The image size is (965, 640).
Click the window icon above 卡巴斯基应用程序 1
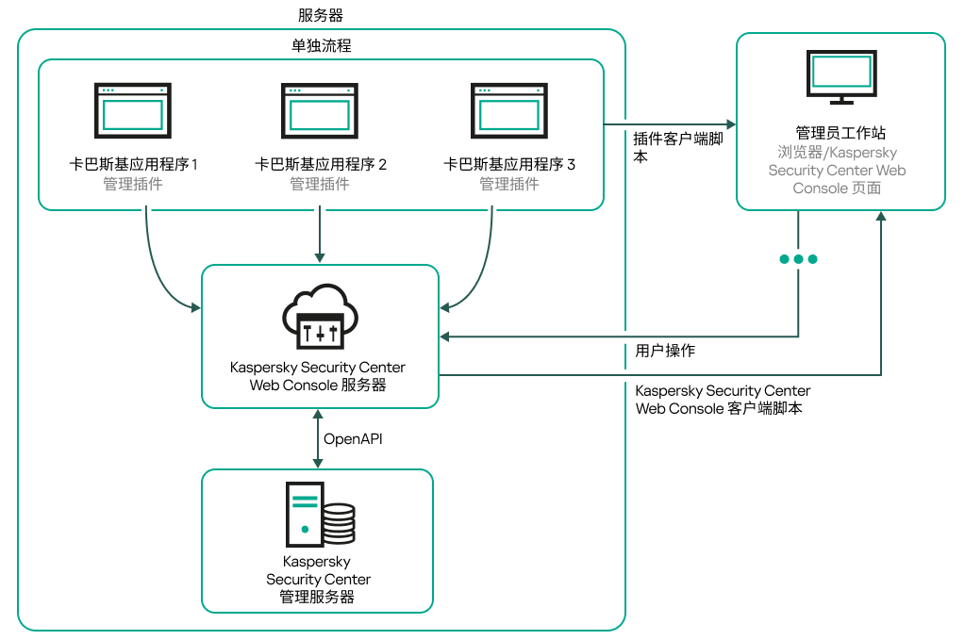pos(133,110)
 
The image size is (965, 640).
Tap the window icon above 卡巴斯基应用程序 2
pos(321,110)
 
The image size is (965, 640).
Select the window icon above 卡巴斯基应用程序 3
pos(509,110)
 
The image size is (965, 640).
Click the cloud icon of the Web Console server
pos(321,315)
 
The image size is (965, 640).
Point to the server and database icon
pos(321,514)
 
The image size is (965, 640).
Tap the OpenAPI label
pos(353,438)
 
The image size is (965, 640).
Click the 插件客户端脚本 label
pos(677,147)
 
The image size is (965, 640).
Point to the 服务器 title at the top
pos(321,15)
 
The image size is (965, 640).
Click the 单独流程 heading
pos(321,45)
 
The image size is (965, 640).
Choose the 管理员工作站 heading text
pos(840,133)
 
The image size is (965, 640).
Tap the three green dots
pos(798,258)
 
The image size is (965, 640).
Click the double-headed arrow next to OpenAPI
pos(318,438)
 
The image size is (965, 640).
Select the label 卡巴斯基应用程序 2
pos(321,165)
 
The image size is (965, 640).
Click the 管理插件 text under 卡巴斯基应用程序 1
pos(133,184)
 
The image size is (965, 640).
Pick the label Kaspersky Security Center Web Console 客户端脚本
pos(723,400)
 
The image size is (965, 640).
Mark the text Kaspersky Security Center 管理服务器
pos(318,579)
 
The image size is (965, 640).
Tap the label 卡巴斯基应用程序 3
pos(509,165)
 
